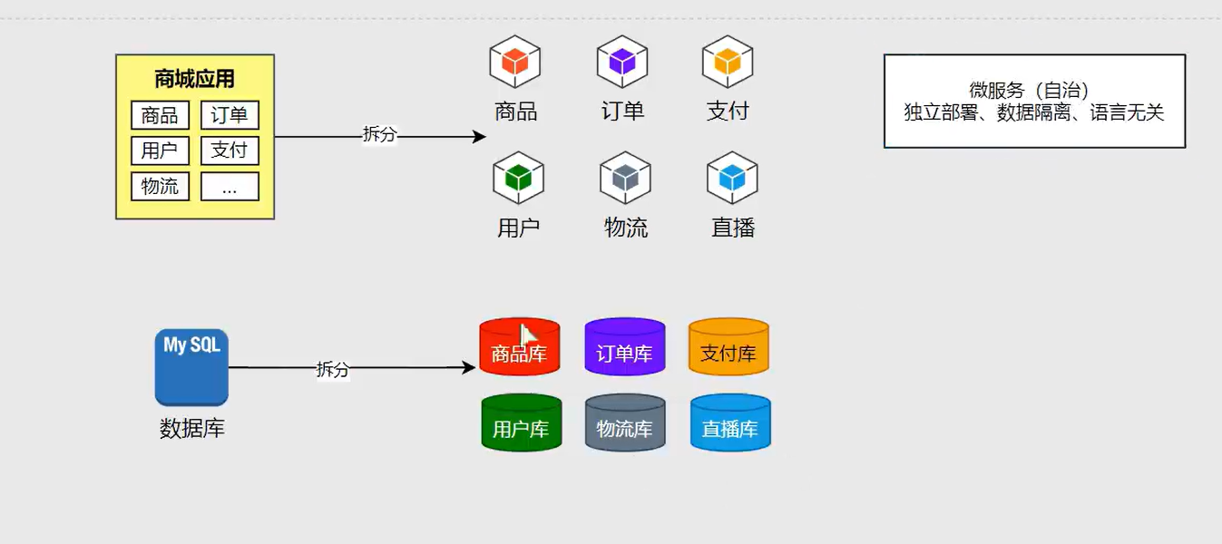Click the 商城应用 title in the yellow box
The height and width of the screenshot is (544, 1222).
click(194, 79)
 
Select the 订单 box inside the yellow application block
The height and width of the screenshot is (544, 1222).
click(230, 115)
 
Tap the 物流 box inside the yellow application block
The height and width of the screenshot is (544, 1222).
click(160, 187)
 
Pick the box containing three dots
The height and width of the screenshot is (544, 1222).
click(230, 187)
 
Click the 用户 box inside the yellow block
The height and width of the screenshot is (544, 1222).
click(160, 151)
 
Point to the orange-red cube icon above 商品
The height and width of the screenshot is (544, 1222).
click(515, 62)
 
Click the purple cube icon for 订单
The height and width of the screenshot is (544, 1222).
click(622, 62)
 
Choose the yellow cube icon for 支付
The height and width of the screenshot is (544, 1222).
click(728, 62)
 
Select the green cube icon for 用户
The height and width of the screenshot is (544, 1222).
click(518, 178)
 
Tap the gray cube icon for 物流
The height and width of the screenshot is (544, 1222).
click(625, 178)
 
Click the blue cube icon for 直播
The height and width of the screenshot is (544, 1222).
click(732, 178)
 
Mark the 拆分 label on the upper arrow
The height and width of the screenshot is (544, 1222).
click(379, 134)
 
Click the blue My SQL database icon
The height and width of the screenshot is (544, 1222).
click(191, 367)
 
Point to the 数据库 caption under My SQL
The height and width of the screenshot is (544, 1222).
click(192, 429)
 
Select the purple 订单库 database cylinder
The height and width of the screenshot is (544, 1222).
click(625, 346)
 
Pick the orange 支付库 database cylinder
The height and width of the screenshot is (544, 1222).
click(728, 346)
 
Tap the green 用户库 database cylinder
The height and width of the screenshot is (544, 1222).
click(522, 423)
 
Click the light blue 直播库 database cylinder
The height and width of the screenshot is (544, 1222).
click(730, 423)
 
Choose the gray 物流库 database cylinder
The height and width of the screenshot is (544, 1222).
click(625, 423)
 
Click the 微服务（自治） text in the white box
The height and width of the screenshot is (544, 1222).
click(1029, 90)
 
